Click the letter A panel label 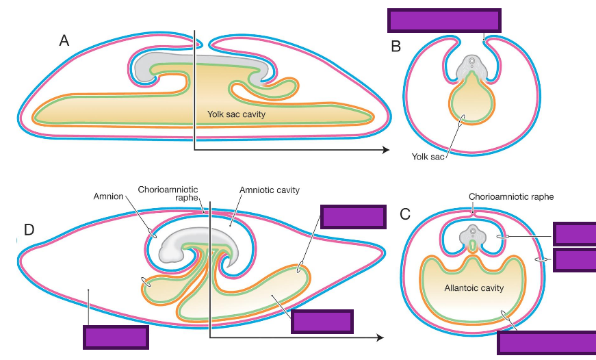point(64,41)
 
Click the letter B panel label point(396,47)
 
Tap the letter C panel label point(405,214)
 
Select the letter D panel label point(29,229)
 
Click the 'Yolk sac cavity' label point(236,114)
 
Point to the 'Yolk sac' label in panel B point(428,156)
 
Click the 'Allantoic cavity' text point(474,288)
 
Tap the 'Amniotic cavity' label point(270,190)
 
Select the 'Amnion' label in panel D point(108,196)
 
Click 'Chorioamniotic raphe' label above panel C point(510,196)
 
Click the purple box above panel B point(443,21)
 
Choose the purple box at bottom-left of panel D point(115,337)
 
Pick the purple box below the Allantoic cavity point(545,342)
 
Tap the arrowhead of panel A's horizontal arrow point(386,150)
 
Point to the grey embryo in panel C point(471,236)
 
